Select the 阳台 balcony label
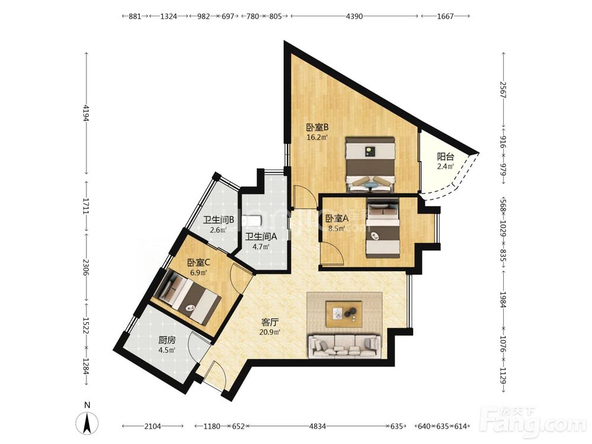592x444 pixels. (446, 157)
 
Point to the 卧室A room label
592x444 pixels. (337, 218)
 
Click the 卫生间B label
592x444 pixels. (219, 220)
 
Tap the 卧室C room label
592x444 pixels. (198, 262)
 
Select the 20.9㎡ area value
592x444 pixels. (270, 332)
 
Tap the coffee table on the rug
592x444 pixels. (344, 314)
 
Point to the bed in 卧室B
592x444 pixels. (371, 165)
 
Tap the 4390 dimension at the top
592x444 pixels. (354, 16)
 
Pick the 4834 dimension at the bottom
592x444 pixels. (317, 426)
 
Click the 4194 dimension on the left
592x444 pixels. (86, 113)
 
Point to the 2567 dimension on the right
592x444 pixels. (503, 90)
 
